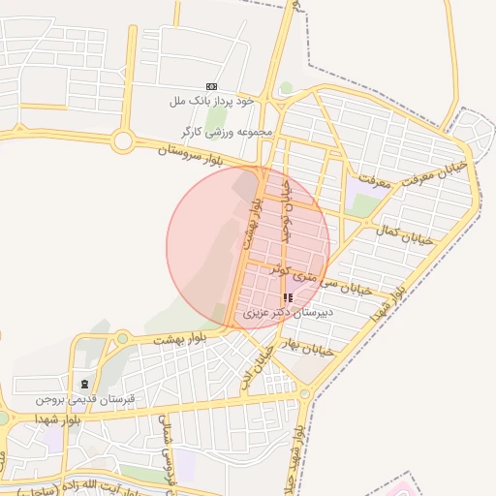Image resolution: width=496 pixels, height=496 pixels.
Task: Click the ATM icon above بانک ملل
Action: pos(212,87)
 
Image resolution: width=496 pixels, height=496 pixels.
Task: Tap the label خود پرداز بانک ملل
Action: pos(211,101)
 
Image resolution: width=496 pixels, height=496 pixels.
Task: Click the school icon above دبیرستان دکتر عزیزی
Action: pos(287,297)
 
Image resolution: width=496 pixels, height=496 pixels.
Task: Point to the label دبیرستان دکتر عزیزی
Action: pos(288,312)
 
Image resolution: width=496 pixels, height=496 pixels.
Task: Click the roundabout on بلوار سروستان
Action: pos(122,141)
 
